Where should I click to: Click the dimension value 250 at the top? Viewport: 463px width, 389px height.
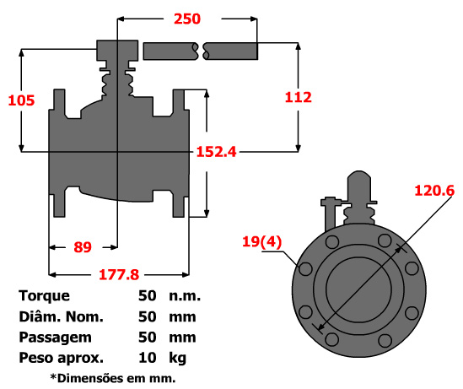point(186,19)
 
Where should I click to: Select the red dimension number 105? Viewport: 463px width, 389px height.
point(21,100)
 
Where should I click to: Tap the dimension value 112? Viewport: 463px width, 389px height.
point(298,97)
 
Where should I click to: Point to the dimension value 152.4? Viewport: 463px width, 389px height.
point(216,152)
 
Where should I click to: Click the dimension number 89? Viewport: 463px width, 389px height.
point(82,247)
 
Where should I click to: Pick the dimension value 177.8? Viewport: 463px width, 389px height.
point(118,275)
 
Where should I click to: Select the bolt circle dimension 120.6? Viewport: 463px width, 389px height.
point(434,192)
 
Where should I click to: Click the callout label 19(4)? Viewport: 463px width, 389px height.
point(261,242)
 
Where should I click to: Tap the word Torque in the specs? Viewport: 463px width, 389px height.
point(44,296)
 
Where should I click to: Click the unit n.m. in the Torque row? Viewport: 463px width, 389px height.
point(184,296)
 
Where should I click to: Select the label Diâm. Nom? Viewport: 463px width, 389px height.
point(60,317)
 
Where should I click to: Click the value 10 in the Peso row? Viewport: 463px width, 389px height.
point(147,358)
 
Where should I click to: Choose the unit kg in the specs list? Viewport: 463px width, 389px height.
point(176,358)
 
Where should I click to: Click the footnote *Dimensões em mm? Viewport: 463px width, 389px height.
point(112,377)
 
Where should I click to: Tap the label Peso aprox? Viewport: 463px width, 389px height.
point(60,358)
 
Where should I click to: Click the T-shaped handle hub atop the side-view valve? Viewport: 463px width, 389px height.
point(116,51)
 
